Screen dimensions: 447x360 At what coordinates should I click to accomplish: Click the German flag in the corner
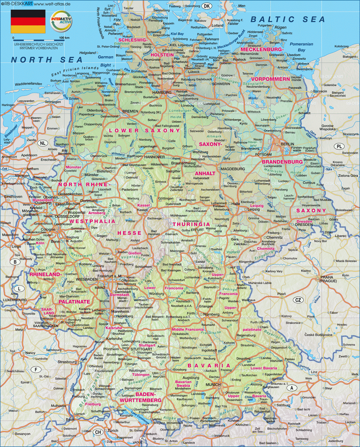(x=28, y=22)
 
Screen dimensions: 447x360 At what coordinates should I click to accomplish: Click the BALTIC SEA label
(x=288, y=19)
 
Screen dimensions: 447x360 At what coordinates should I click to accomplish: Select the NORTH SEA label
(x=47, y=60)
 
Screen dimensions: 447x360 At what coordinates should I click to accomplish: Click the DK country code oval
(x=207, y=6)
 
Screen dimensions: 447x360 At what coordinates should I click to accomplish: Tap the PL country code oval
(x=339, y=146)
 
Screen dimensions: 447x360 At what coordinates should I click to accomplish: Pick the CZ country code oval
(x=298, y=300)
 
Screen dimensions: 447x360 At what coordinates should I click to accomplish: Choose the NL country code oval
(x=42, y=143)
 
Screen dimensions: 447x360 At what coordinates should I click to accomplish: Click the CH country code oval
(x=98, y=432)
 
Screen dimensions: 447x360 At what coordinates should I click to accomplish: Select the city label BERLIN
(x=287, y=144)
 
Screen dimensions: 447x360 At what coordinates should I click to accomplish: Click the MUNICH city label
(x=213, y=385)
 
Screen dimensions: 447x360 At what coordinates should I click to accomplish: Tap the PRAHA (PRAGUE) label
(x=328, y=279)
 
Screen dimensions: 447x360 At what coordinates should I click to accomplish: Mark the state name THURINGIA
(x=191, y=224)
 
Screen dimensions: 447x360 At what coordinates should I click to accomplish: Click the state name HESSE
(x=129, y=233)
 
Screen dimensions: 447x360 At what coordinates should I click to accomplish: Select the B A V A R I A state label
(x=209, y=366)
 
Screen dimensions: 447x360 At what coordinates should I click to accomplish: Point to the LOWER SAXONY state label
(x=145, y=130)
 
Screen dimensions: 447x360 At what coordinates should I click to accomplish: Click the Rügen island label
(x=281, y=27)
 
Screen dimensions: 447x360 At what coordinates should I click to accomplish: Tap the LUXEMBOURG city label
(x=15, y=300)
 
